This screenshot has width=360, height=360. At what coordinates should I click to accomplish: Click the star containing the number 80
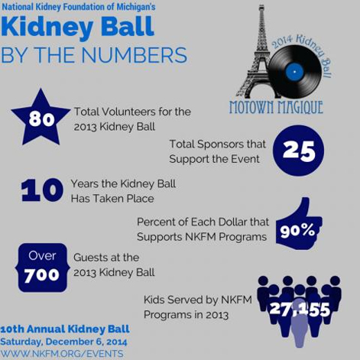(x=41, y=119)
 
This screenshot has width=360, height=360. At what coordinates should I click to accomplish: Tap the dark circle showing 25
(x=298, y=151)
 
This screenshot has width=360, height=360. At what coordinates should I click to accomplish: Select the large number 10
(x=42, y=190)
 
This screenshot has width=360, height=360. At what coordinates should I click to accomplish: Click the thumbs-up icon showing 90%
(x=299, y=224)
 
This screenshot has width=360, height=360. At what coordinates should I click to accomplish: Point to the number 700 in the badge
(x=42, y=275)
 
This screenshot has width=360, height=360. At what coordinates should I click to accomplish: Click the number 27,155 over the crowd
(x=300, y=310)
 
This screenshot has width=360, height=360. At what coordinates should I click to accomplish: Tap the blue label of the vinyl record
(x=294, y=72)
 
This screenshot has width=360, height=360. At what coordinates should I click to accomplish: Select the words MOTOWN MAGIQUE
(x=276, y=107)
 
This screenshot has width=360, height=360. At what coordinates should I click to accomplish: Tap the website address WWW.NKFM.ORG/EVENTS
(x=62, y=354)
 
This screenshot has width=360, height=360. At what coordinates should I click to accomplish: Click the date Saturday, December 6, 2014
(x=63, y=342)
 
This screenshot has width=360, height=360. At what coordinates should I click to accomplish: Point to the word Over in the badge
(x=42, y=256)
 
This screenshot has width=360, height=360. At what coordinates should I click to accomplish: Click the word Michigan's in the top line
(x=136, y=7)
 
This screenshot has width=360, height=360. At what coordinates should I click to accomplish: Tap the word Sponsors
(x=217, y=144)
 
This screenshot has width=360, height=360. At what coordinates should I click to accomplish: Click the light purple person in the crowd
(x=300, y=323)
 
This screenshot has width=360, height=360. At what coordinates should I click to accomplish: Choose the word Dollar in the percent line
(x=231, y=222)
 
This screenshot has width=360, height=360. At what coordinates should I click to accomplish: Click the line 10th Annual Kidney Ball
(x=65, y=329)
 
